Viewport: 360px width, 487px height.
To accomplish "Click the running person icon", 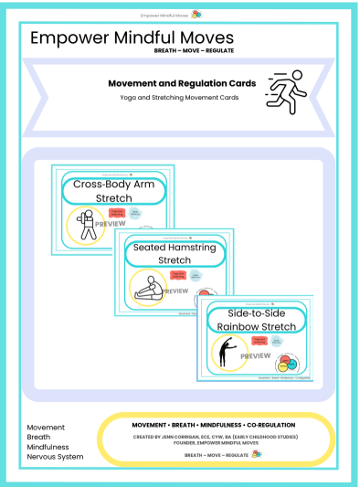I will pos(287,91).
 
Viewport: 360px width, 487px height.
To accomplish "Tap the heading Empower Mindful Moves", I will pos(132,37).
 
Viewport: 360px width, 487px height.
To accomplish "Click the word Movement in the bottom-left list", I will pos(46,427).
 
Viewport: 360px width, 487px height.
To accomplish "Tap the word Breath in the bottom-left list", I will pos(39,437).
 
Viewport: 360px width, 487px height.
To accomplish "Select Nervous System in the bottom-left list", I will pos(54,458).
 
